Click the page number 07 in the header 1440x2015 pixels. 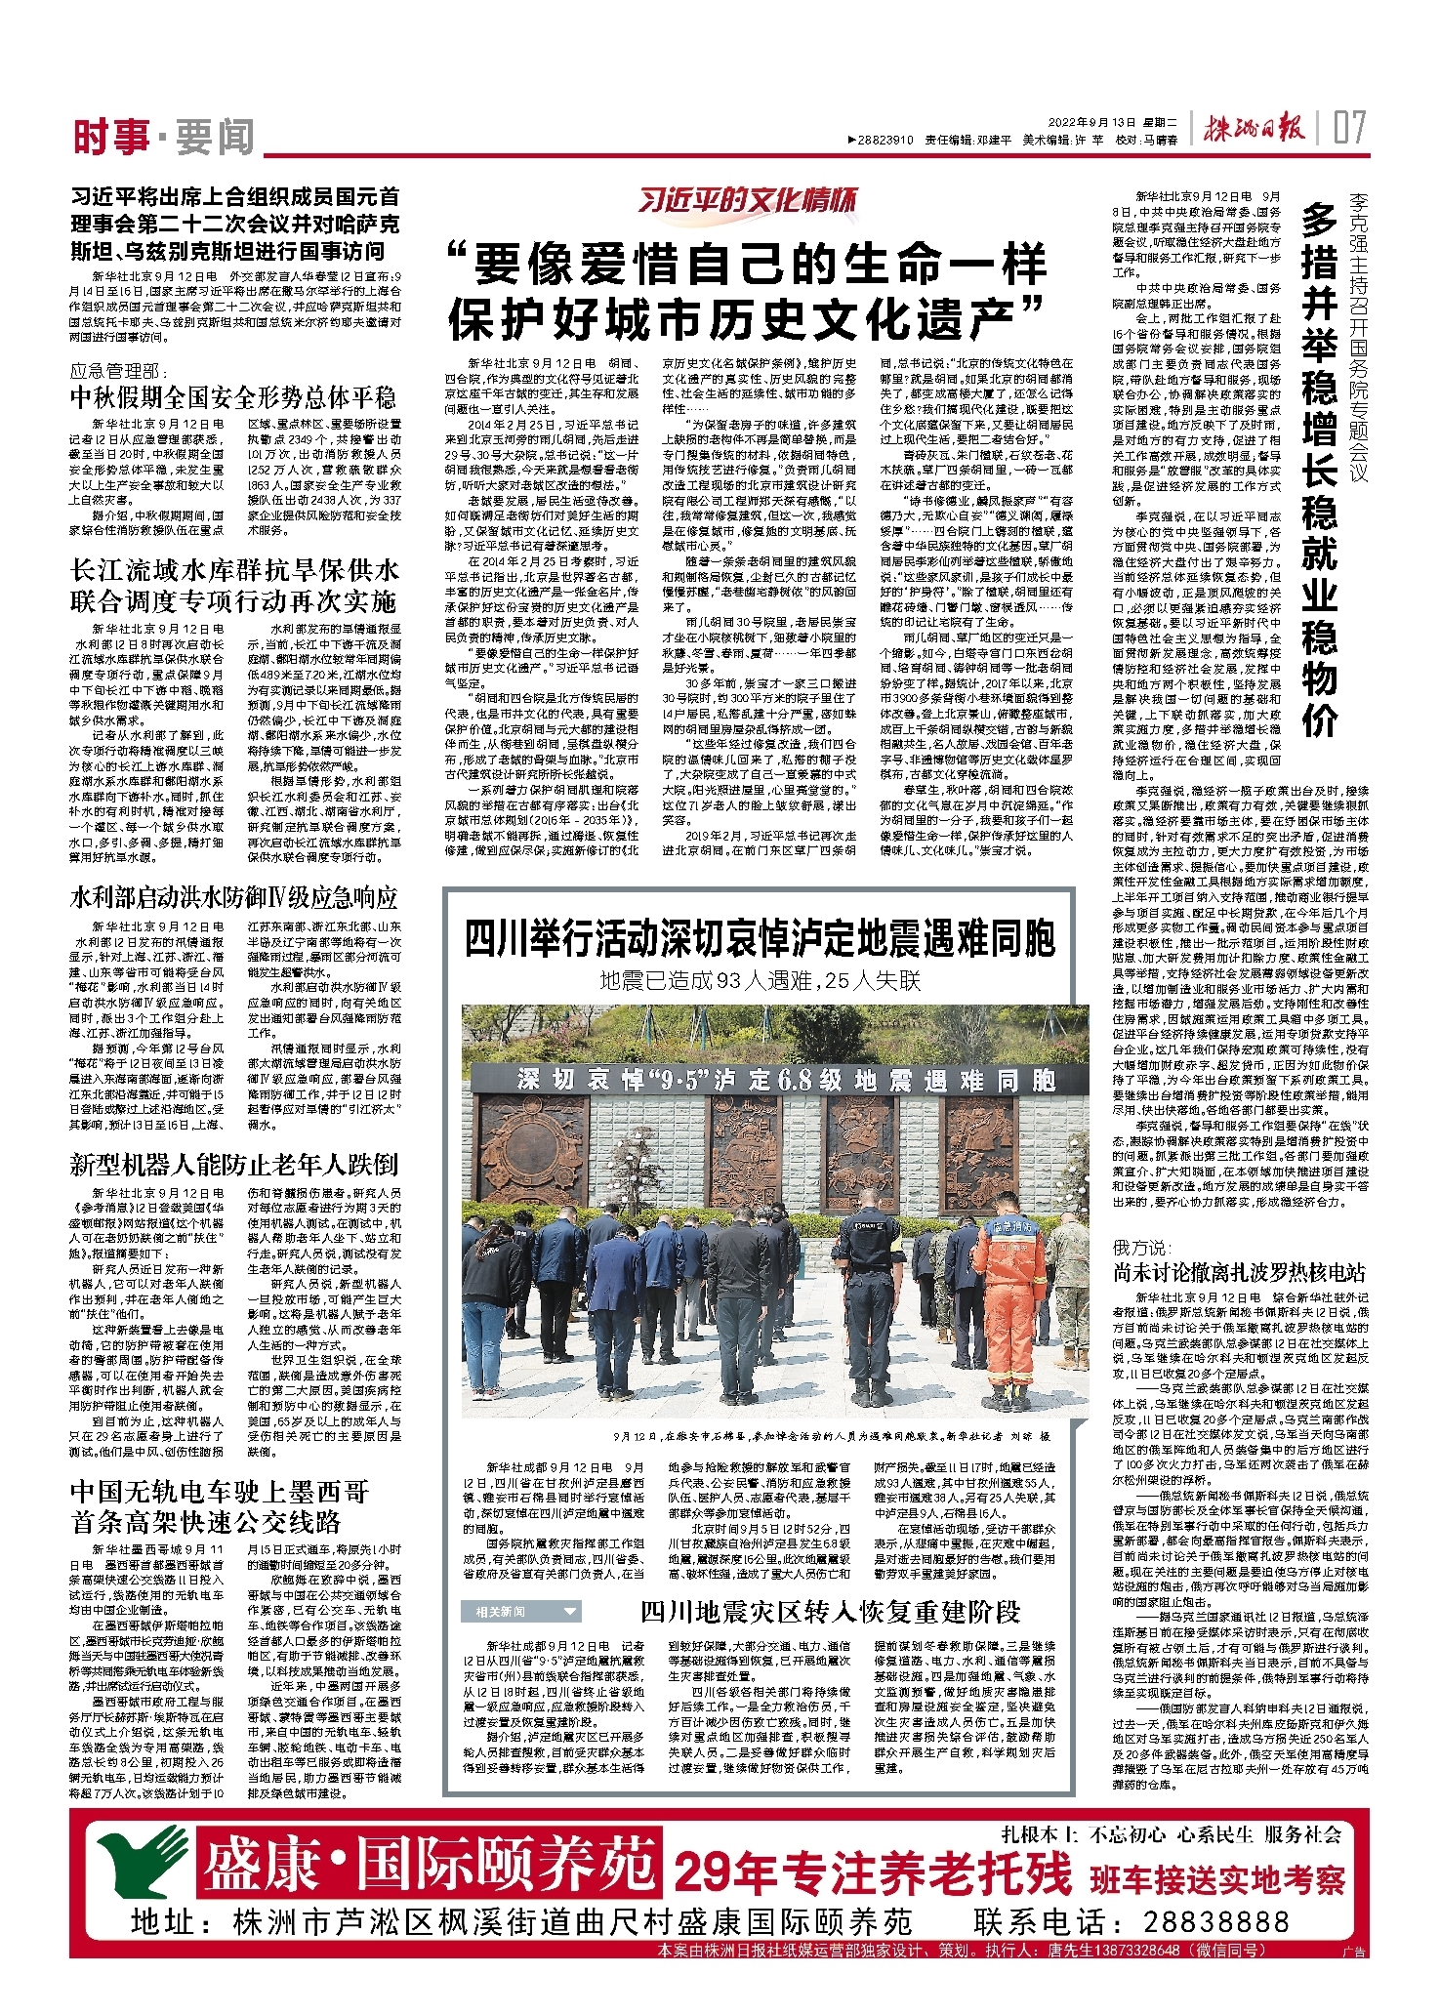pos(1351,128)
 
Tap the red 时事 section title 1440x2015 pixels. pos(110,138)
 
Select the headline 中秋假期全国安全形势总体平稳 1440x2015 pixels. pos(233,397)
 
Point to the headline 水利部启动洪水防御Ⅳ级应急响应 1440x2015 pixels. pos(234,897)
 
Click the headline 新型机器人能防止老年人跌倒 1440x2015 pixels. pos(234,1164)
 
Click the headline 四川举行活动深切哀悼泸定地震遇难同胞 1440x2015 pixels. pos(760,939)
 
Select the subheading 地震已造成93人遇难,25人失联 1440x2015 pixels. pos(760,980)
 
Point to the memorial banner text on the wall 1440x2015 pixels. pos(785,1080)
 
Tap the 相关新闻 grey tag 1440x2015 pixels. pos(521,1612)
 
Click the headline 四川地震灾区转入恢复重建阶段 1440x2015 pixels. pos(830,1611)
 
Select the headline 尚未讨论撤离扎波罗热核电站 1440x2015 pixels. pos(1240,1272)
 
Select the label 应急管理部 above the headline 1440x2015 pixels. pos(118,371)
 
